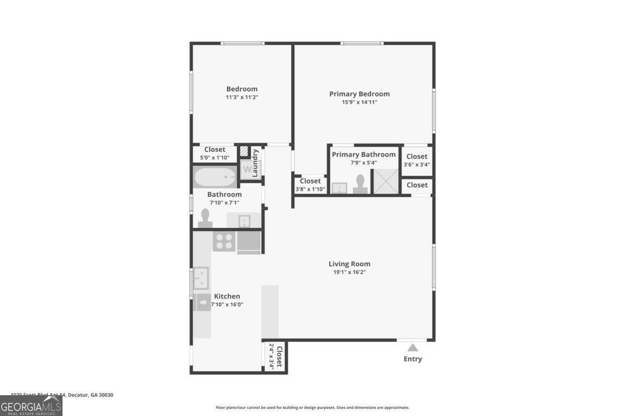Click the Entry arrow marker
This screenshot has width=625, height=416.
[x=413, y=348]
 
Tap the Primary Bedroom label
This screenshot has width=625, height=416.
[x=359, y=94]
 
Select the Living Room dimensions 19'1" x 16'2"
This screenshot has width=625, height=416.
[x=349, y=272]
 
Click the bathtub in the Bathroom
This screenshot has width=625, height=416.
[x=215, y=177]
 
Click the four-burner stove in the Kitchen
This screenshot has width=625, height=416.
[x=224, y=241]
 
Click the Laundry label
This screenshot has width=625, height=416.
[x=256, y=163]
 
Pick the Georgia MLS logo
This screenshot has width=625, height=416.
[x=31, y=406]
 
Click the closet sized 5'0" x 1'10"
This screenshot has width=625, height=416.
[x=215, y=153]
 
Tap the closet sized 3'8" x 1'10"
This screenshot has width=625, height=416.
[x=310, y=185]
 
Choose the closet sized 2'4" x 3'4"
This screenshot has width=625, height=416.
[x=274, y=357]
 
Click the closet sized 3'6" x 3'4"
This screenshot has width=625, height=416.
[x=417, y=160]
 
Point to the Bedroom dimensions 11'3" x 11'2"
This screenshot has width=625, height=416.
[x=242, y=97]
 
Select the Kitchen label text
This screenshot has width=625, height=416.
[x=227, y=296]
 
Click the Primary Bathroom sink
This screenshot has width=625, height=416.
[x=340, y=188]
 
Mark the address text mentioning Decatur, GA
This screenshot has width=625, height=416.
[x=62, y=395]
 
